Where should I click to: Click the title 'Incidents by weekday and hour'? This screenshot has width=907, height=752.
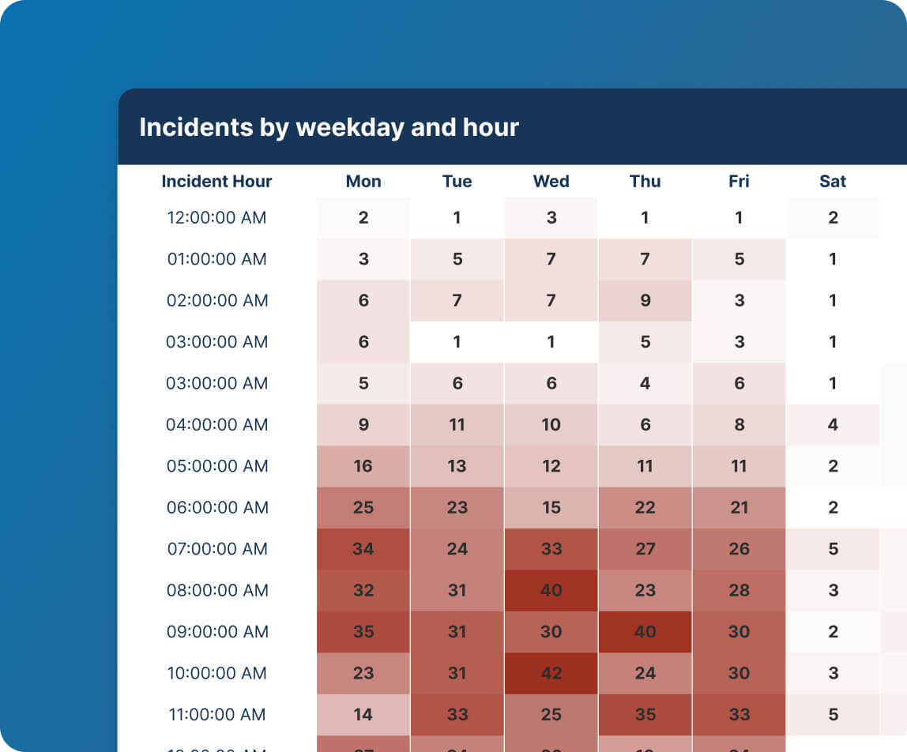point(329,127)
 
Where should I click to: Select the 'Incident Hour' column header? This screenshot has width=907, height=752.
point(216,182)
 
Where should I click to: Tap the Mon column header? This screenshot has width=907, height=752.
point(363,182)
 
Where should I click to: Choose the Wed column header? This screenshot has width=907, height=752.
point(551,182)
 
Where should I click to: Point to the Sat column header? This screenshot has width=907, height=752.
point(833,182)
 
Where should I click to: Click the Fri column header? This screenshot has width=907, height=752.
point(739,182)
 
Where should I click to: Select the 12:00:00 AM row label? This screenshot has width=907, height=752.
point(216,218)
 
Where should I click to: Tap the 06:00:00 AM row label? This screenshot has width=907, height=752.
point(216,508)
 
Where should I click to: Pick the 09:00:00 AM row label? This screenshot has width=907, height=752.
point(216,632)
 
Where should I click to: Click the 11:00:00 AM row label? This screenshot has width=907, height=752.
point(216,715)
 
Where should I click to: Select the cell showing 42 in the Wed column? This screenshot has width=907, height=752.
point(551,674)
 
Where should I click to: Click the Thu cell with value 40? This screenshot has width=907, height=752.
point(645,632)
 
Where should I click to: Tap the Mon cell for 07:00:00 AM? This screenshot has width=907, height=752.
point(363,549)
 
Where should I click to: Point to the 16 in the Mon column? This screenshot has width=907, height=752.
point(363,466)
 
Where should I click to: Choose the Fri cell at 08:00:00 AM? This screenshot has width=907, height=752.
point(739,591)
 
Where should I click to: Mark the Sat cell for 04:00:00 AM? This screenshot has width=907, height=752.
point(833,425)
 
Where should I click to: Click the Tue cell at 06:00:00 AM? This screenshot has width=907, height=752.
point(457,508)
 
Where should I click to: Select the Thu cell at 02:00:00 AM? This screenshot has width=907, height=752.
point(645,301)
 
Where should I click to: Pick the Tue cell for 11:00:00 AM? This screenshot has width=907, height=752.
point(457,715)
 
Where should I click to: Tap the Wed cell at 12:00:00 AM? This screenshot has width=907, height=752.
point(551,218)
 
